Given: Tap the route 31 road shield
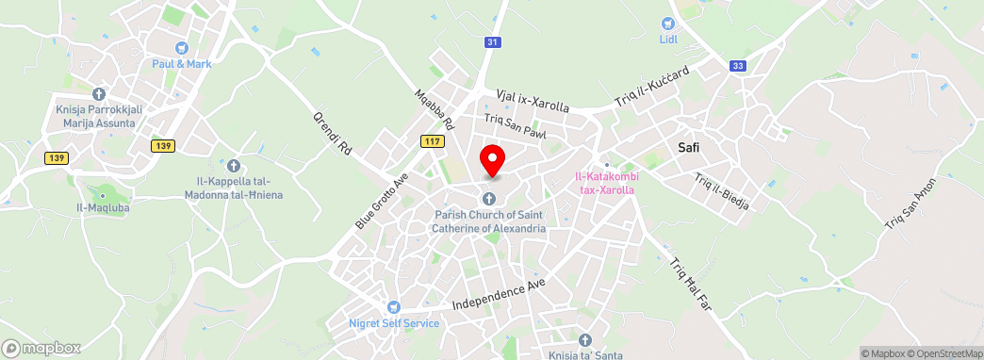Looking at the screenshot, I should point(492,42).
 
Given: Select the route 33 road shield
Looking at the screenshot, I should point(738,65).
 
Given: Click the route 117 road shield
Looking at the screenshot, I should point(433,141).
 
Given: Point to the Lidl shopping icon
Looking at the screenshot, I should point(668,24).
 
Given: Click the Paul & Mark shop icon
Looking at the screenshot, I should point(182,47).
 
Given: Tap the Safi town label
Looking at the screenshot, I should point(695,147).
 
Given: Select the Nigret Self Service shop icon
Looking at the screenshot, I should point(394,307).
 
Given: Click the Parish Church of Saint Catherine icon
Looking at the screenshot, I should point(489,198).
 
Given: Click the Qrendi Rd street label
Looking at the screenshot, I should point(332,134).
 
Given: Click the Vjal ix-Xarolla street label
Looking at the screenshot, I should point(533,101).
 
